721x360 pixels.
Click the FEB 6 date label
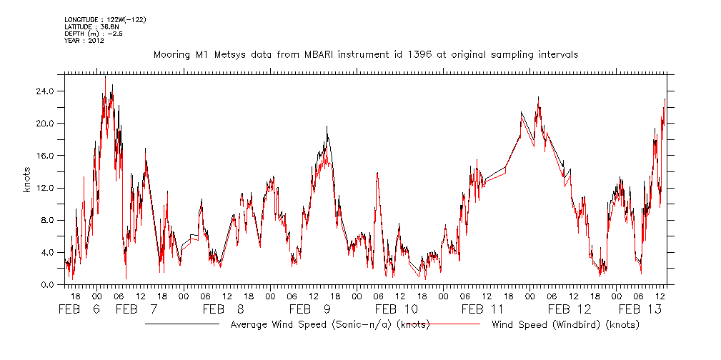click(x=80, y=309)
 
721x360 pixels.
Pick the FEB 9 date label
click(x=310, y=309)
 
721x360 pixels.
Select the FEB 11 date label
click(x=482, y=309)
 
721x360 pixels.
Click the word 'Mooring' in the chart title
click(x=172, y=54)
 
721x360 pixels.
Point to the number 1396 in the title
click(x=408, y=54)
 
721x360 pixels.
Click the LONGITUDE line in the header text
click(x=105, y=19)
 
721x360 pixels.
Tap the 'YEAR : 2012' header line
click(x=84, y=41)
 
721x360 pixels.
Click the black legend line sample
click(x=182, y=324)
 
